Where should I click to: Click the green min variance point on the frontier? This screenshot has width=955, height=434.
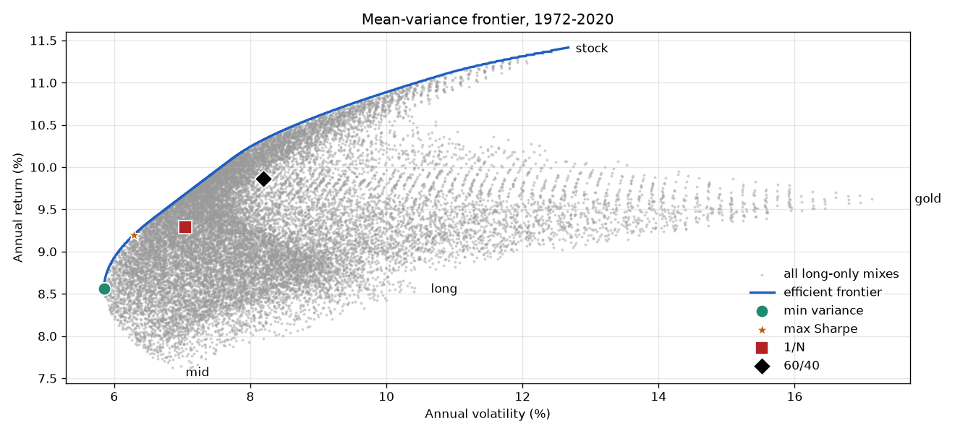[104, 289]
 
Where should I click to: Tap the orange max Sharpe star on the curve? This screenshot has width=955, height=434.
[134, 235]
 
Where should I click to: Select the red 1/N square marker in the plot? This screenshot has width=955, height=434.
[185, 227]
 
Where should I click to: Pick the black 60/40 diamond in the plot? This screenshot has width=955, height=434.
[263, 179]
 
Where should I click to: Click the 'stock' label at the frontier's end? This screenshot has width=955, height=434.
[591, 48]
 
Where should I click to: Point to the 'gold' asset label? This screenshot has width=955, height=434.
[928, 199]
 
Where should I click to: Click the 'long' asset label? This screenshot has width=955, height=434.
[443, 289]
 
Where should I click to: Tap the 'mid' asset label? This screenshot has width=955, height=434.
[198, 373]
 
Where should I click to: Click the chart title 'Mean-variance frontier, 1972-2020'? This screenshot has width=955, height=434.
[488, 20]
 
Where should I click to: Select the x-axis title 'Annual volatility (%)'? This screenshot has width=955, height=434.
[488, 414]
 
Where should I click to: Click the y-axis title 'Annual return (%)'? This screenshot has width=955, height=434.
[17, 208]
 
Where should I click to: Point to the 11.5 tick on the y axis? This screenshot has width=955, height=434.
[43, 41]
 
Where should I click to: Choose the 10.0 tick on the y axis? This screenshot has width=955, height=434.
[43, 168]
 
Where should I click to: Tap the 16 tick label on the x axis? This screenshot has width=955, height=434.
[794, 397]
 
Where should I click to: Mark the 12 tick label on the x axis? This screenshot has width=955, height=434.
[522, 397]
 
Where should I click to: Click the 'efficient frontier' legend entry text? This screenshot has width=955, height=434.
[832, 292]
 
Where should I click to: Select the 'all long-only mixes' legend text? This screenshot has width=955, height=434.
[841, 273]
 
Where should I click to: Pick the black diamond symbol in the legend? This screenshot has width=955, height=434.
[762, 366]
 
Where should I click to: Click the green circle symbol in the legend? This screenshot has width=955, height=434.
[762, 311]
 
